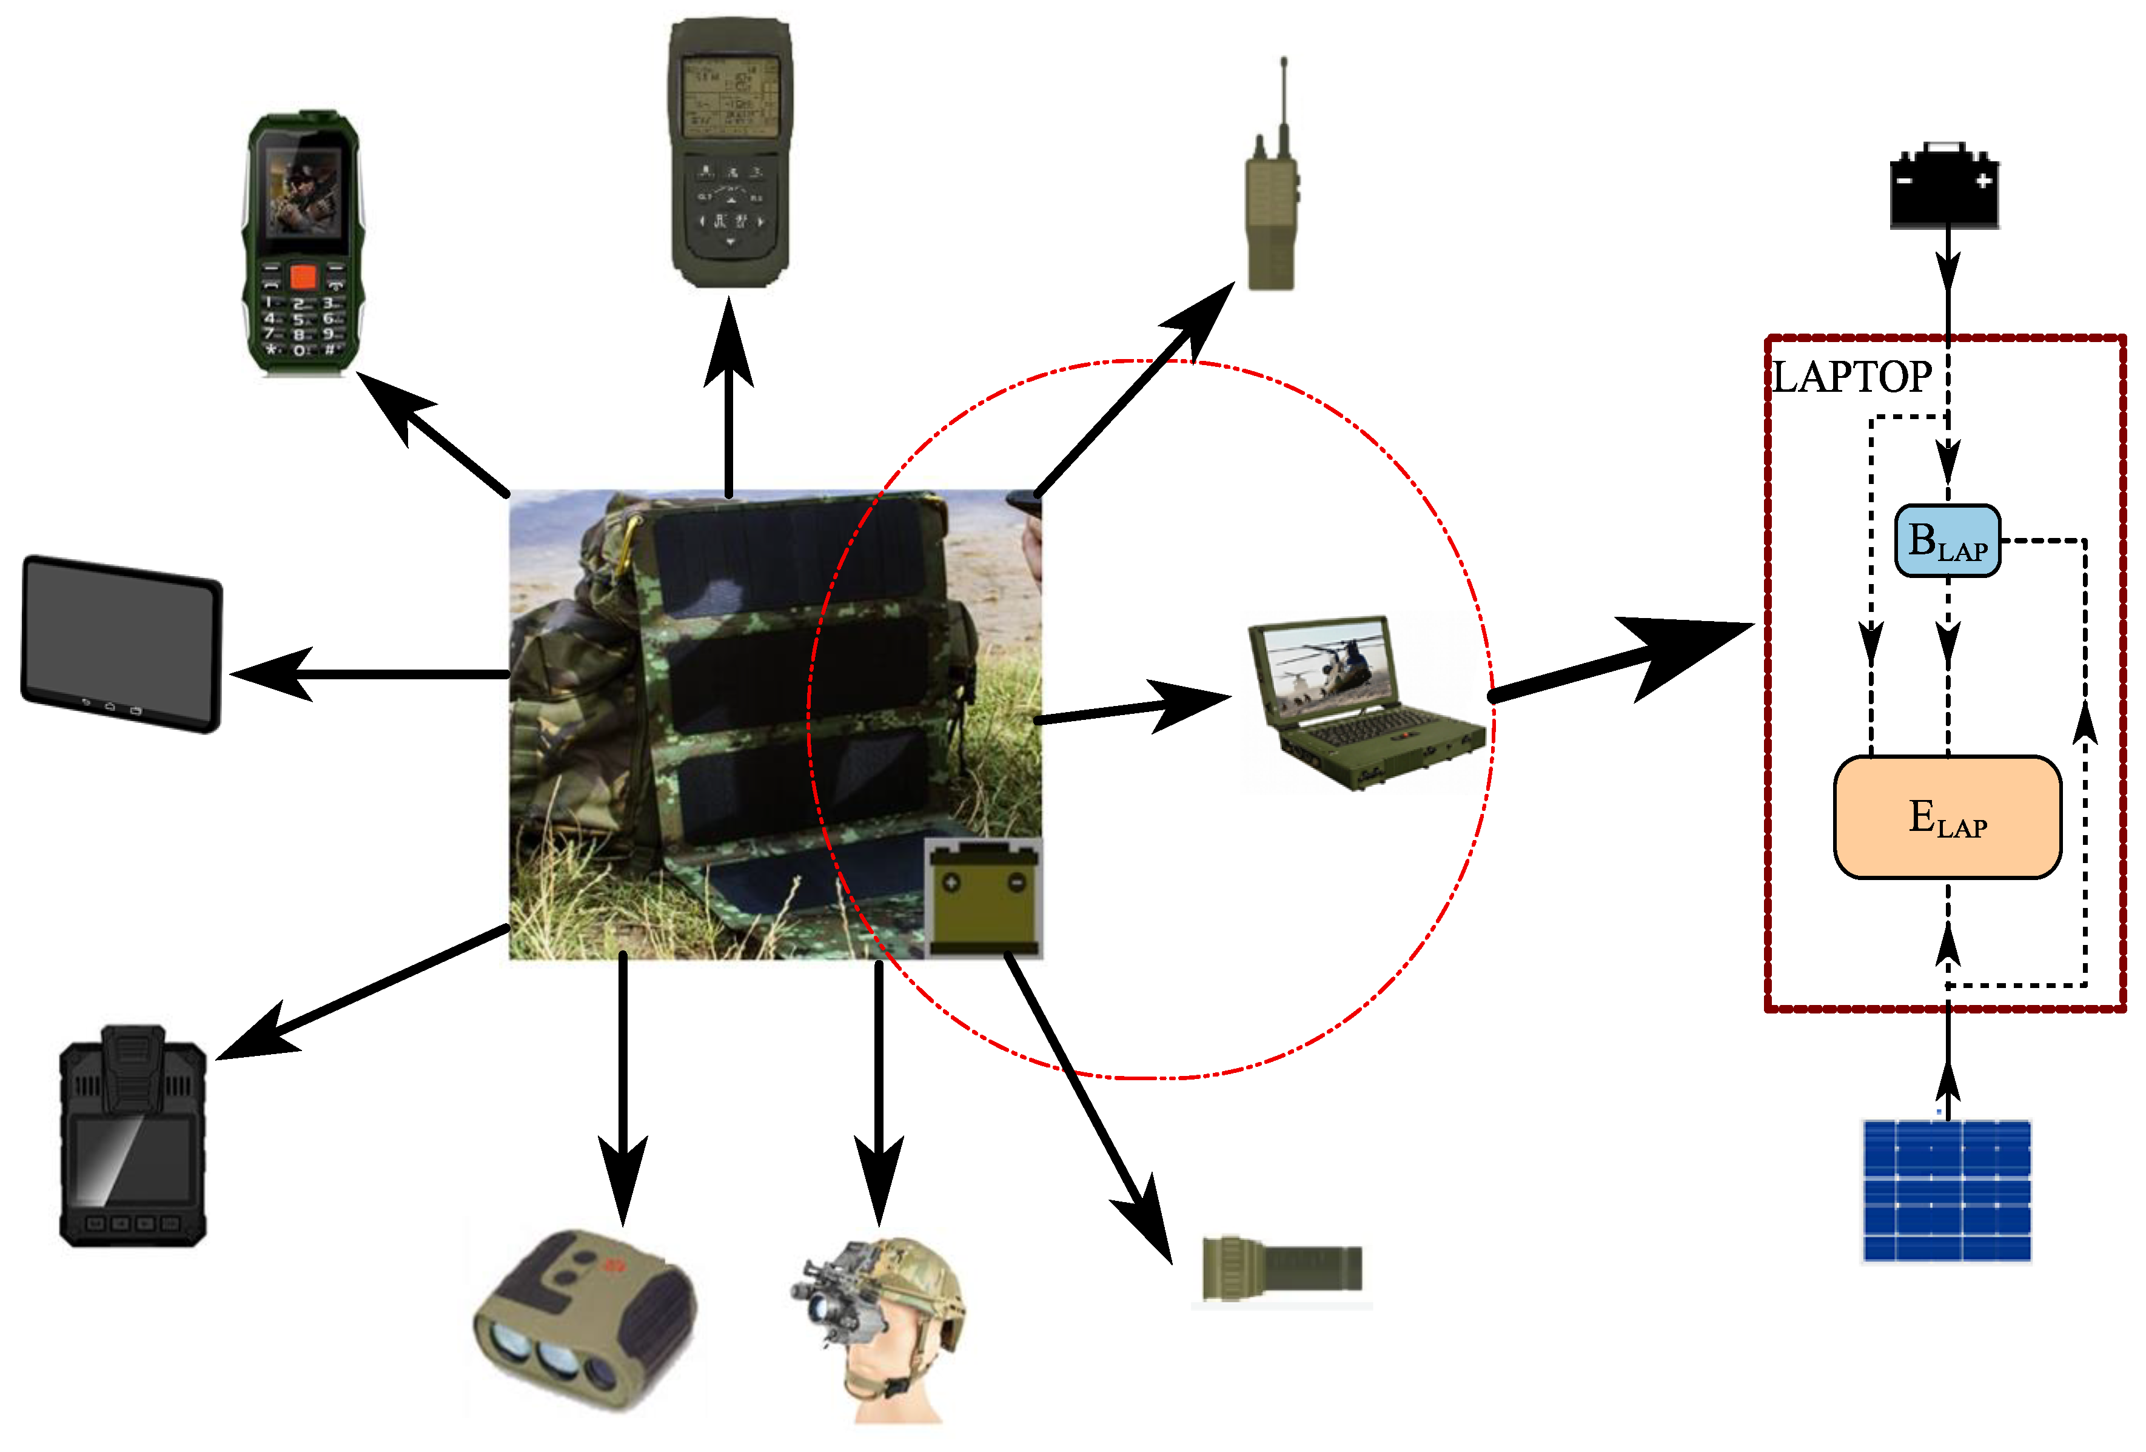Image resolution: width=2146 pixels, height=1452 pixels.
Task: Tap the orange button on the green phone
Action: (x=303, y=276)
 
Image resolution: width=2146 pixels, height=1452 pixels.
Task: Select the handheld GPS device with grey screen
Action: (x=729, y=152)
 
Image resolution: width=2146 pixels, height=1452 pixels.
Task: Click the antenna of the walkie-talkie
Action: (x=1284, y=92)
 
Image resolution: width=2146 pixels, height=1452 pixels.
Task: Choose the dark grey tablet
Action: (x=122, y=644)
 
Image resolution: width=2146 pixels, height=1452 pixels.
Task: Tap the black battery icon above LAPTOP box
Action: (x=1945, y=187)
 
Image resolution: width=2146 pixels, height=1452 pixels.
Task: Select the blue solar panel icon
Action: (x=1946, y=1189)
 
